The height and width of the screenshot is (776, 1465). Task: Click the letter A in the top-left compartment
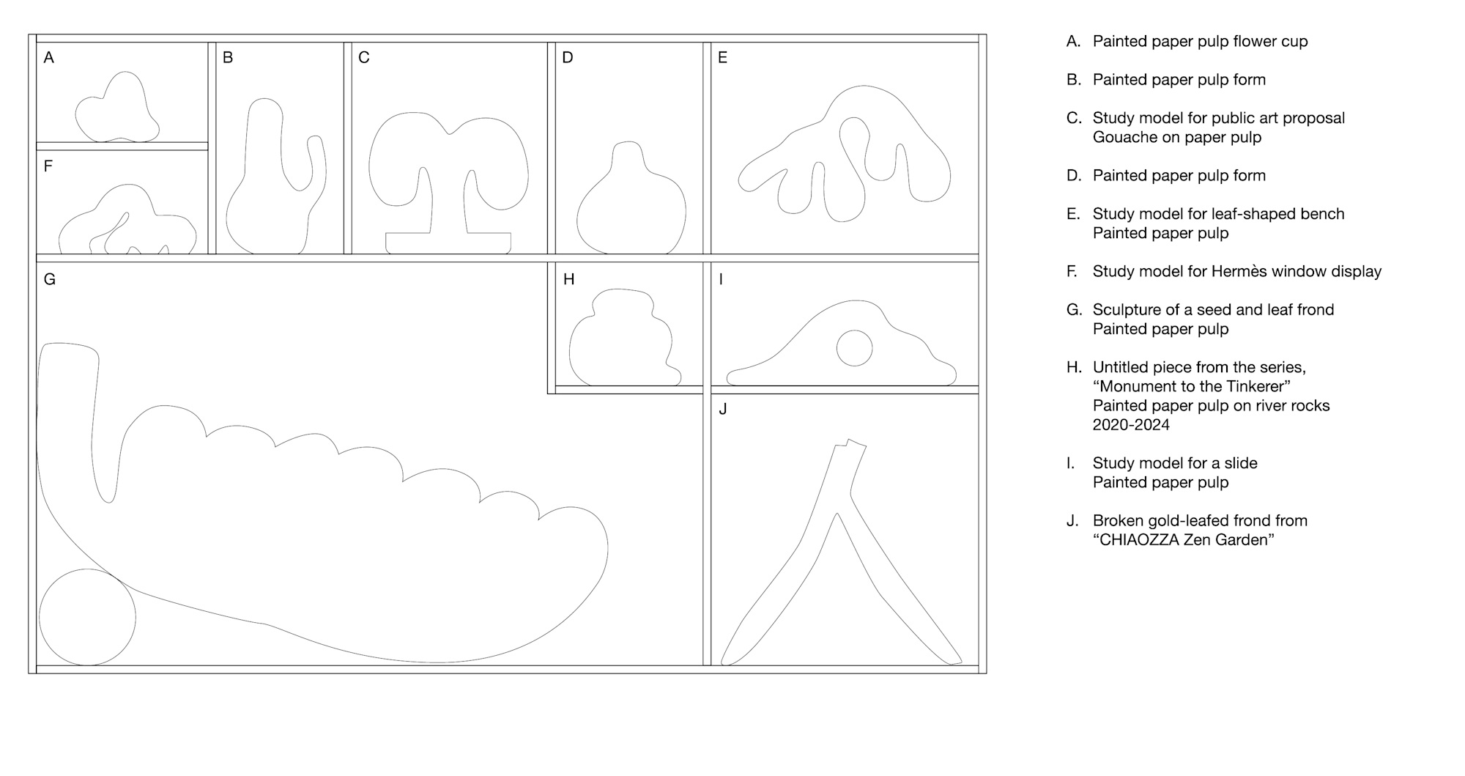49,58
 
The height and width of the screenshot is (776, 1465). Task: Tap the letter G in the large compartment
50,279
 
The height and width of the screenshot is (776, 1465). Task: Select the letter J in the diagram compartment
723,409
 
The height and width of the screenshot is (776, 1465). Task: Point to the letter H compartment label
568,279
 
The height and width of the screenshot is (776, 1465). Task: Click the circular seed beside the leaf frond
87,617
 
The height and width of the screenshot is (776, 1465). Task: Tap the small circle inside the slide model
854,348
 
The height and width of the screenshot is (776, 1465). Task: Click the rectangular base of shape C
448,243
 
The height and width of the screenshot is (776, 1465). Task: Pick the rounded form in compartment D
631,199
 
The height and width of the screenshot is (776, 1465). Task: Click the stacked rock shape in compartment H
625,338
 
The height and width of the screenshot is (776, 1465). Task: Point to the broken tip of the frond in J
850,443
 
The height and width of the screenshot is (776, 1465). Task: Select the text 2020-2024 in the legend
1131,425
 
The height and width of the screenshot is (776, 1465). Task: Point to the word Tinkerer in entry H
1255,386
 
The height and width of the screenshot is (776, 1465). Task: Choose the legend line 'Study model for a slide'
1175,463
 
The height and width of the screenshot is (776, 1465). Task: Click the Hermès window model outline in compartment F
127,219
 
